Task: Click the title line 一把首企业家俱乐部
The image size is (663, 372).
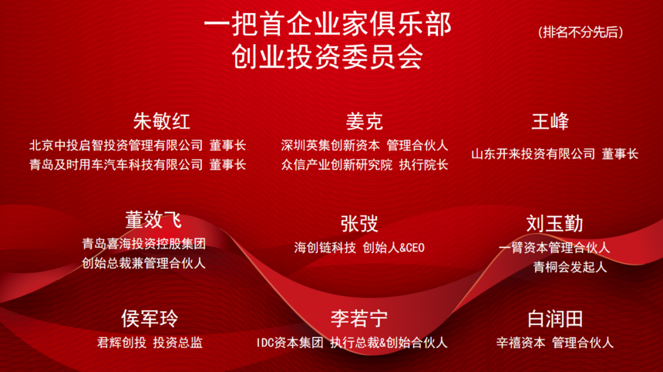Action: coord(328,25)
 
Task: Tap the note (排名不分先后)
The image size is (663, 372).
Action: coord(581,32)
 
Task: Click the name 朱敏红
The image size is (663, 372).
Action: coord(162,121)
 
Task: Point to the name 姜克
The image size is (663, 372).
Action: coord(364,121)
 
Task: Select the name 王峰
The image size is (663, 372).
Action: coord(550,121)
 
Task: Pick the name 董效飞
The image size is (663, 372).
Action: coord(153,220)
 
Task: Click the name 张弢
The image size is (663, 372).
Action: coord(359,224)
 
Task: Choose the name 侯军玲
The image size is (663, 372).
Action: coord(149,318)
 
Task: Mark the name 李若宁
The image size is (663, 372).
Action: coord(359,318)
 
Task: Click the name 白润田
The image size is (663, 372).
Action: coord(554,318)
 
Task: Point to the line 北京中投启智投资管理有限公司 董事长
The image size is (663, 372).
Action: coord(138,145)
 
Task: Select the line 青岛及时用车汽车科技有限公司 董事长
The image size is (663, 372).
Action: coord(138,164)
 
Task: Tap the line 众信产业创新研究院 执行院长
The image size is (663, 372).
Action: coord(365,164)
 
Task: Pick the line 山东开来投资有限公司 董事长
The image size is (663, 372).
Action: coord(555,154)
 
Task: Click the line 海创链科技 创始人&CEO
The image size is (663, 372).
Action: coord(359,248)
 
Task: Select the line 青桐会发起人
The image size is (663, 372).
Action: coord(570,267)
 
